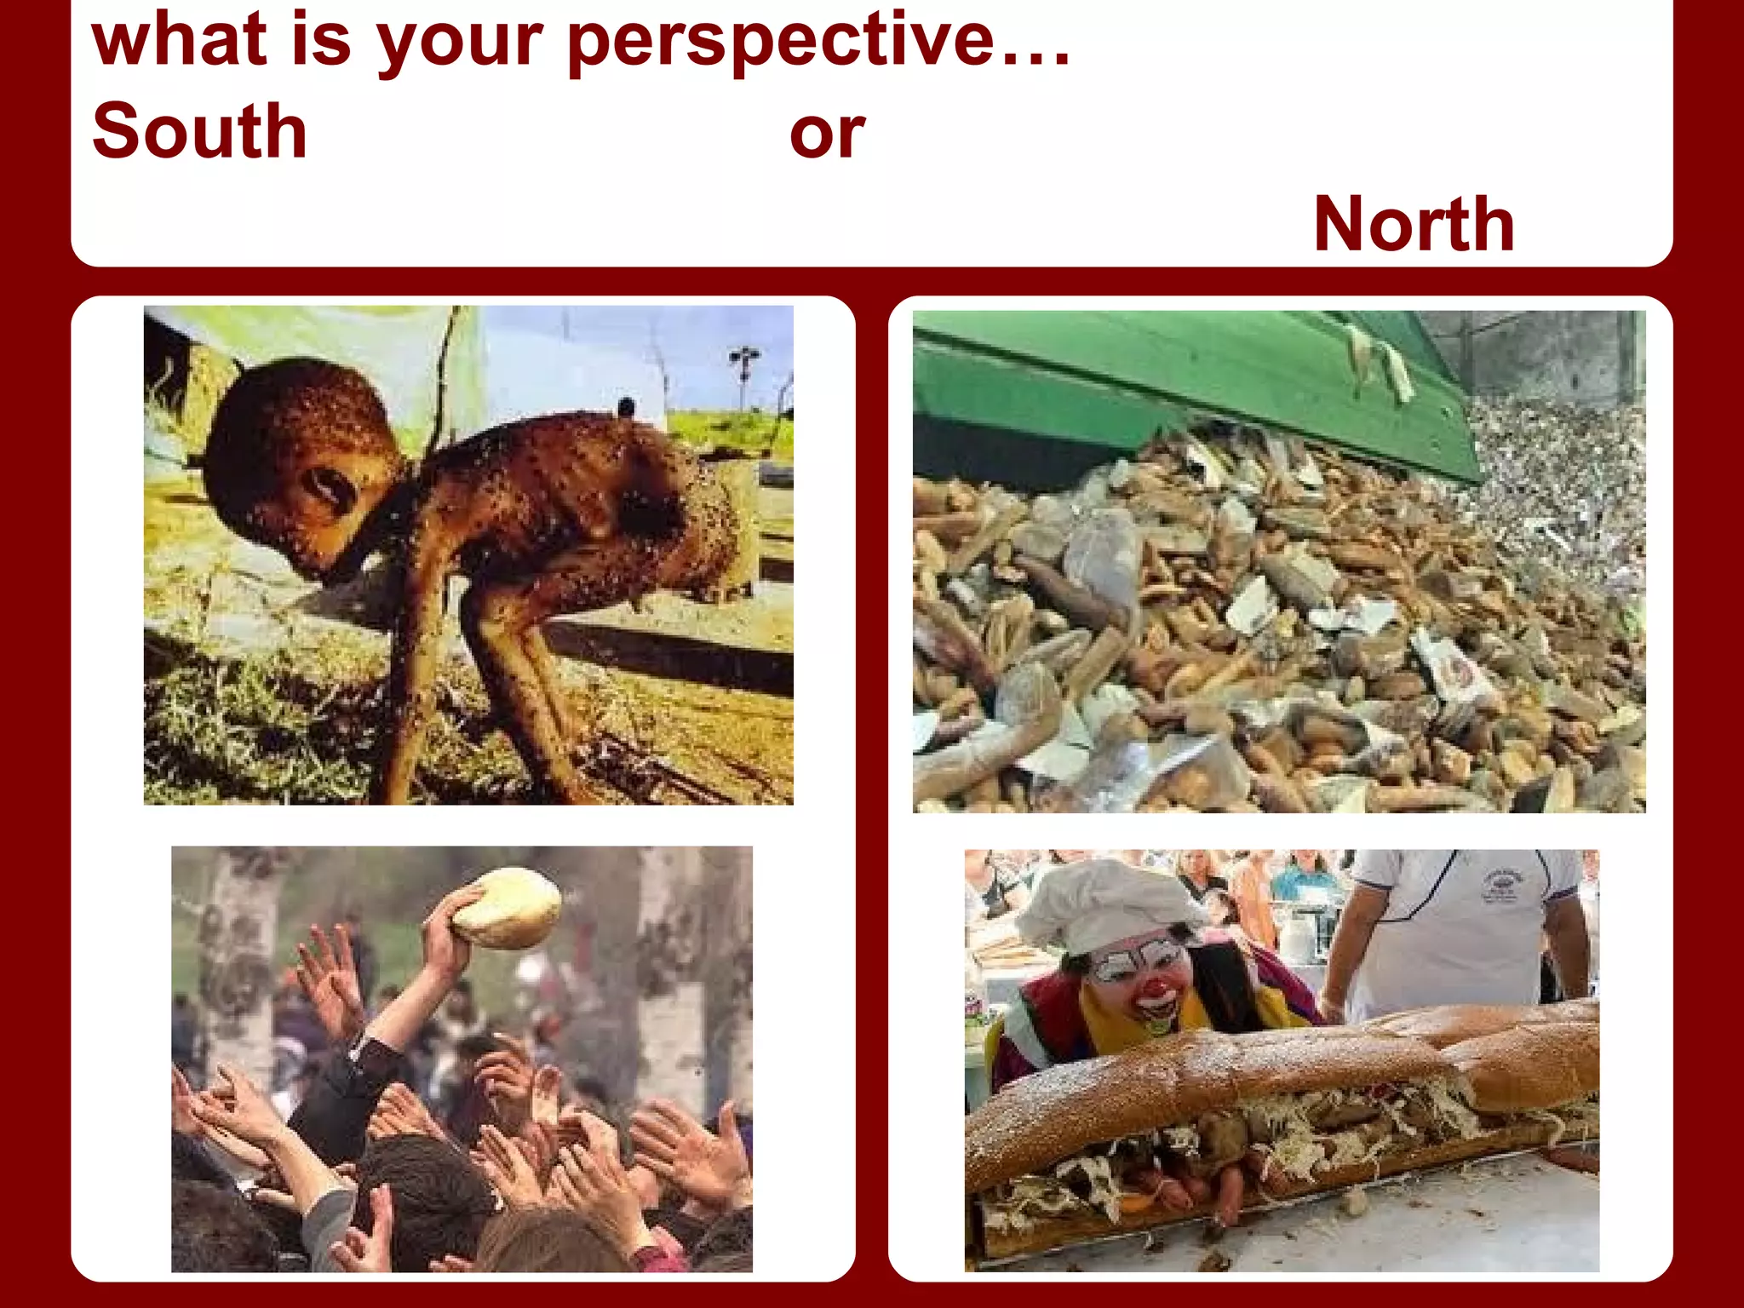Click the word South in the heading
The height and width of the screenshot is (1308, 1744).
tap(199, 131)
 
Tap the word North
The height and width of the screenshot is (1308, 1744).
tap(1414, 224)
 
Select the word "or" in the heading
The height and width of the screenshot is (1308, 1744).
tap(826, 135)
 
